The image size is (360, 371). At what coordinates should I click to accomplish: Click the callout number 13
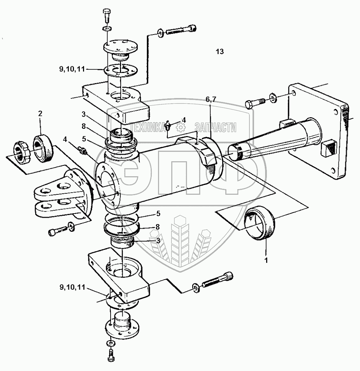220,51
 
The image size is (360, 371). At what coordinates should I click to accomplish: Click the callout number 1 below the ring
266,260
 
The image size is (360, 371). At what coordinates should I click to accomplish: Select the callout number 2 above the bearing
40,113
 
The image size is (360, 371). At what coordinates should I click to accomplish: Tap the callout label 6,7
211,99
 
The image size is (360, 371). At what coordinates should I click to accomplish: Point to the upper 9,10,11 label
72,69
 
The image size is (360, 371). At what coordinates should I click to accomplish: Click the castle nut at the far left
22,152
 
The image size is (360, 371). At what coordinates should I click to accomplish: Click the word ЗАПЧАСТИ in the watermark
215,127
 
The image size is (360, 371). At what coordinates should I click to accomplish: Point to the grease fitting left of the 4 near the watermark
168,125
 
